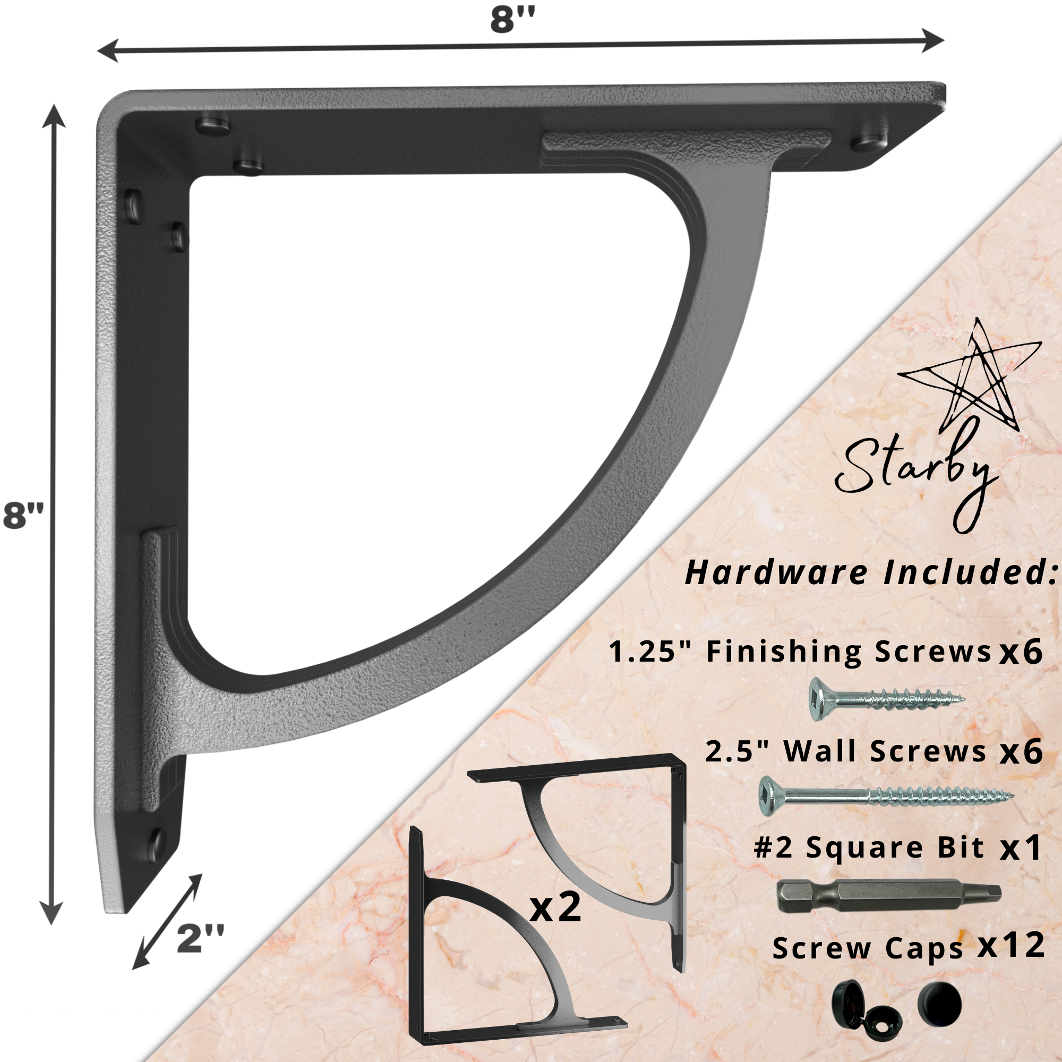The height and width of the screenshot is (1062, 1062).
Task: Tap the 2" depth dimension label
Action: (x=201, y=938)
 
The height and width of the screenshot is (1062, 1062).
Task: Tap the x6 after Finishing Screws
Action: (x=1021, y=653)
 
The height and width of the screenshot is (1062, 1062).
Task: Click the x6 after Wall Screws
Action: (x=1021, y=751)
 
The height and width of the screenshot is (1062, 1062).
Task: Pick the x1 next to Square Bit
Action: (x=1021, y=848)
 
